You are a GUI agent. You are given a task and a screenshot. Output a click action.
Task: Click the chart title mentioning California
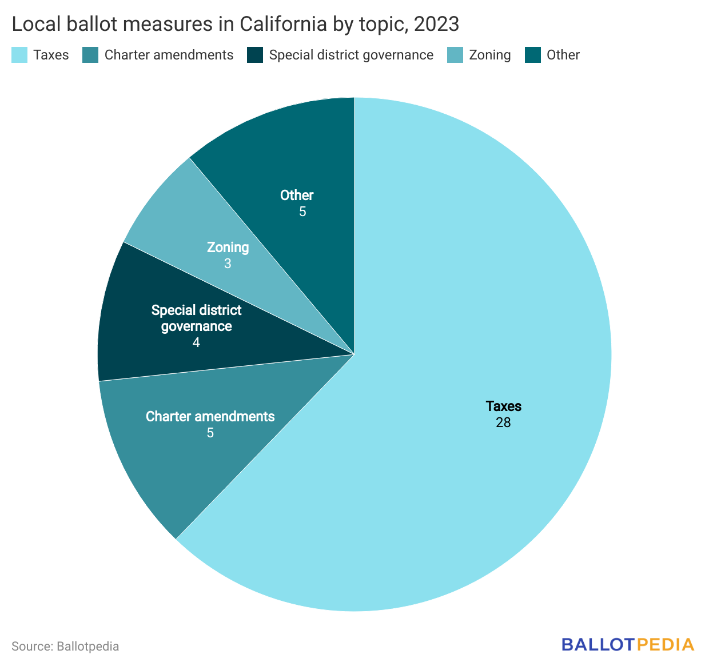(x=235, y=24)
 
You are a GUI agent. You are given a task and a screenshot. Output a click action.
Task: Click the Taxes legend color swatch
(x=19, y=55)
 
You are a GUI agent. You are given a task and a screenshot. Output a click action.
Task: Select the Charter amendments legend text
(x=169, y=55)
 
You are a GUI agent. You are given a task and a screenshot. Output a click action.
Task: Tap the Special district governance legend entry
(x=350, y=55)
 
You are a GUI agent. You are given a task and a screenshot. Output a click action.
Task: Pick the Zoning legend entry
(x=489, y=55)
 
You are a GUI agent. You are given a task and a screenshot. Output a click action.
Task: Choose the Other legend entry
(x=563, y=55)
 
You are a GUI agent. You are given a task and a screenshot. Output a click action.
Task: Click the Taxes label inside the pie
(x=503, y=406)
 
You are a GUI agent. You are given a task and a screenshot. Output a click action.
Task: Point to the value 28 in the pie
(x=503, y=422)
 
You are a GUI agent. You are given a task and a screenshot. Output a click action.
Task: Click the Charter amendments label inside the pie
(x=210, y=416)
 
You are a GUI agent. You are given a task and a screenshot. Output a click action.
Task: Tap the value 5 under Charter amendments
(x=210, y=433)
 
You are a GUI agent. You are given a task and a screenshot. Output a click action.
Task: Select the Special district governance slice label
(x=196, y=318)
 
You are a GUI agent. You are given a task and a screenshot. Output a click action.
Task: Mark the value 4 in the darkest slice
(x=196, y=342)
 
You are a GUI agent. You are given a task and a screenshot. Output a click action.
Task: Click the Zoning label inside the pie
(x=228, y=247)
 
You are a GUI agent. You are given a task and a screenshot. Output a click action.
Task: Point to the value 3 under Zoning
(x=228, y=264)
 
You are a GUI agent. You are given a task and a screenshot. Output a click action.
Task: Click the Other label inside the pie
(x=297, y=195)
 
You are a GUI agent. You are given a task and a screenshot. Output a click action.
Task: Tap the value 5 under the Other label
(x=302, y=212)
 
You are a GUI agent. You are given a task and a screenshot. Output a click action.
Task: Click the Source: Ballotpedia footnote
(x=65, y=647)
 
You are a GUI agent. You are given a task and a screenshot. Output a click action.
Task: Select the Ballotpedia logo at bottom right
(x=627, y=644)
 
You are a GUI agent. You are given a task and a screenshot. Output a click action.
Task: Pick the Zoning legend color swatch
(x=455, y=55)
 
